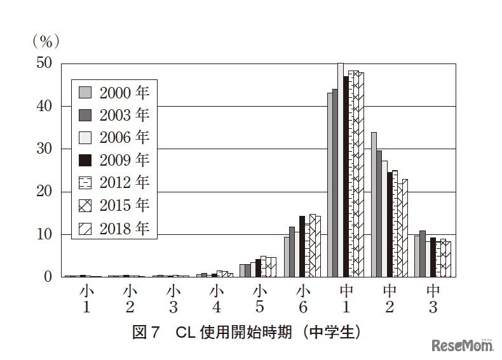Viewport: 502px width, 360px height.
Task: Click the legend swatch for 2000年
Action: coord(85,93)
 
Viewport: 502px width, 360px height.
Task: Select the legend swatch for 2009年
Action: coord(85,160)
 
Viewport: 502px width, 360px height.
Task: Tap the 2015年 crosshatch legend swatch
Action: coord(85,205)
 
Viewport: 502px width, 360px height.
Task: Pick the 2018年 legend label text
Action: coord(125,228)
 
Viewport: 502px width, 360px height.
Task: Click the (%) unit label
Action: coord(45,42)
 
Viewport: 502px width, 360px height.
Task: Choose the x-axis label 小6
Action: coord(303,299)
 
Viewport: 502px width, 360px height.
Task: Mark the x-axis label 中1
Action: coord(346,299)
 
